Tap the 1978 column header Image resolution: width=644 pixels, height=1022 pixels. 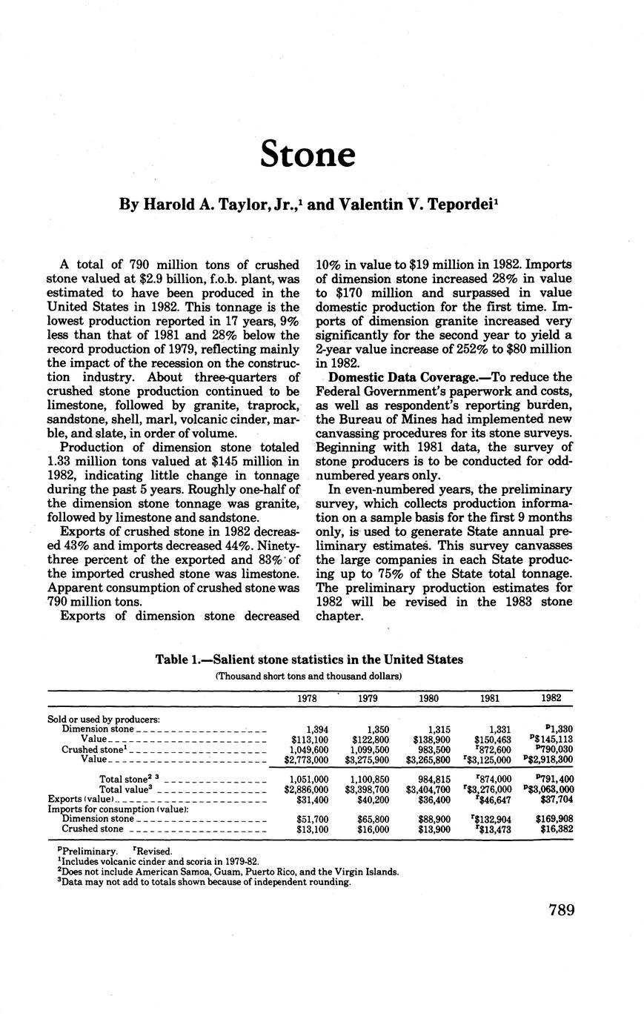pyautogui.click(x=307, y=698)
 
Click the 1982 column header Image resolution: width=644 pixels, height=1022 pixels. pyautogui.click(x=551, y=698)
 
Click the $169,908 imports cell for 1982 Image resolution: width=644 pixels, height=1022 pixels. pyautogui.click(x=552, y=819)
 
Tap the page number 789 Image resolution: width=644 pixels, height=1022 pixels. pyautogui.click(x=562, y=911)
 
